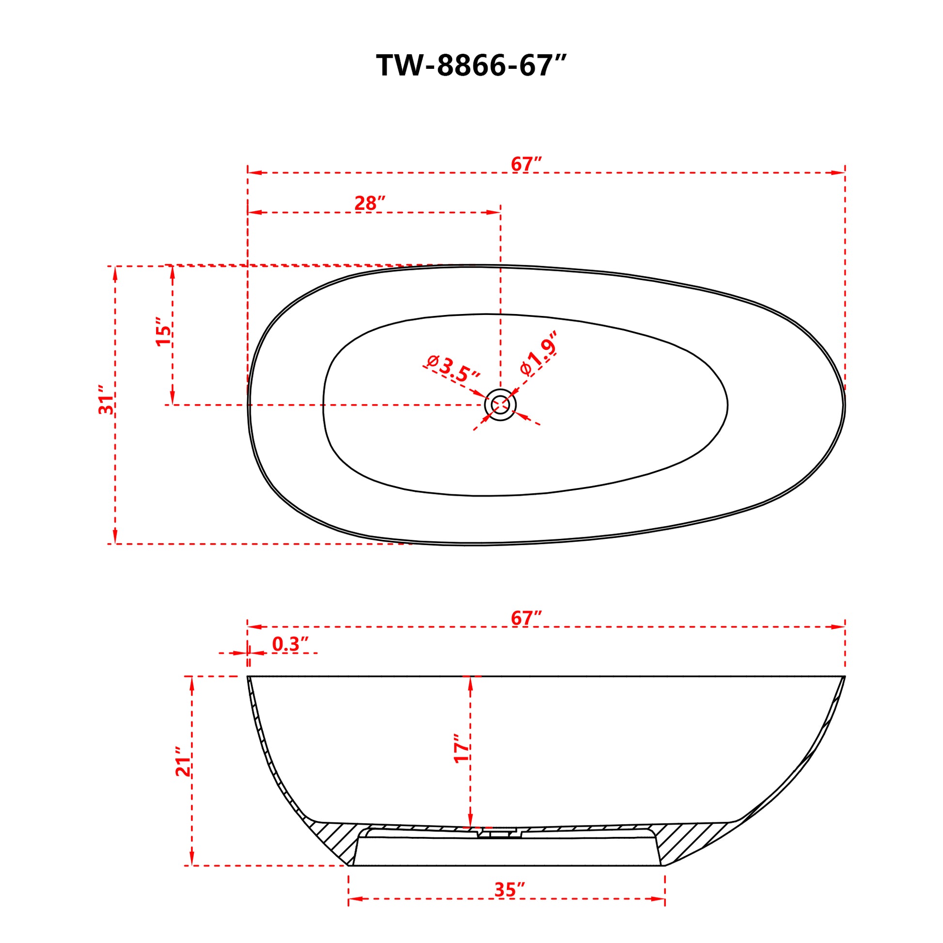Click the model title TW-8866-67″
[471, 65]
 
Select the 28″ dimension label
[370, 203]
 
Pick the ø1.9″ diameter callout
[539, 354]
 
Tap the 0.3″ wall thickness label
[290, 644]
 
